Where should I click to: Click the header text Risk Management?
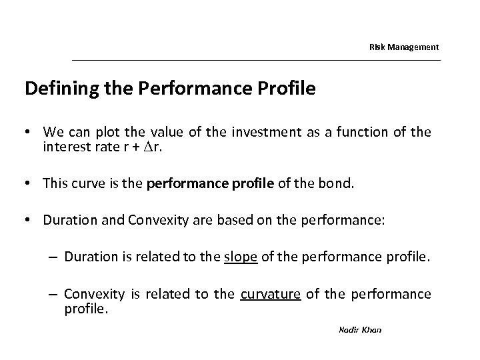point(404,47)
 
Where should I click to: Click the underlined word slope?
point(241,257)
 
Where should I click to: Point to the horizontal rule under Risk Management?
point(256,61)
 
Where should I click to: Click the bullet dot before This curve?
point(30,183)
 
